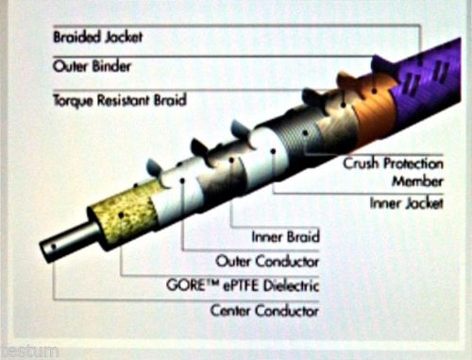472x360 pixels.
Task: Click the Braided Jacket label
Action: (x=98, y=37)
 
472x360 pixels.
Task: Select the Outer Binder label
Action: (x=92, y=66)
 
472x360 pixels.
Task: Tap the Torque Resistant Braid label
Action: (x=120, y=100)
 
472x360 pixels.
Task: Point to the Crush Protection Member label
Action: (x=394, y=172)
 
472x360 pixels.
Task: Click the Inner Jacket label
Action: (x=407, y=203)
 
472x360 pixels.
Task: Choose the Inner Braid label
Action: (x=286, y=236)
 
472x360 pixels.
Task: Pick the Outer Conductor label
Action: (x=267, y=262)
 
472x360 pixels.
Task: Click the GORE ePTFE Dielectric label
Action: (x=243, y=285)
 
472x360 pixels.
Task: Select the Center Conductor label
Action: (x=264, y=311)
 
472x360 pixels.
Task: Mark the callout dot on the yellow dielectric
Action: (x=121, y=215)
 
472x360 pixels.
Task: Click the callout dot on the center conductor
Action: (x=53, y=247)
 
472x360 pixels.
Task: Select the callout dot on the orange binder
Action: (x=374, y=92)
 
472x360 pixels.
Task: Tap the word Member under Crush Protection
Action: (x=417, y=181)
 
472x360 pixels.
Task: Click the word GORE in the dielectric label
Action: (x=186, y=285)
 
